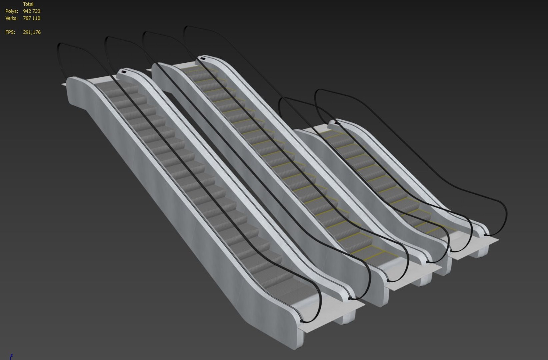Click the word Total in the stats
point(28,4)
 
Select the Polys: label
point(12,11)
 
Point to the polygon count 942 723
point(32,11)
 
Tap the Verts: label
point(11,18)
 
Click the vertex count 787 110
point(32,18)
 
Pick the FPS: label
point(10,32)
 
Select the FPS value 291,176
point(32,32)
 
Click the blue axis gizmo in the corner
point(11,356)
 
